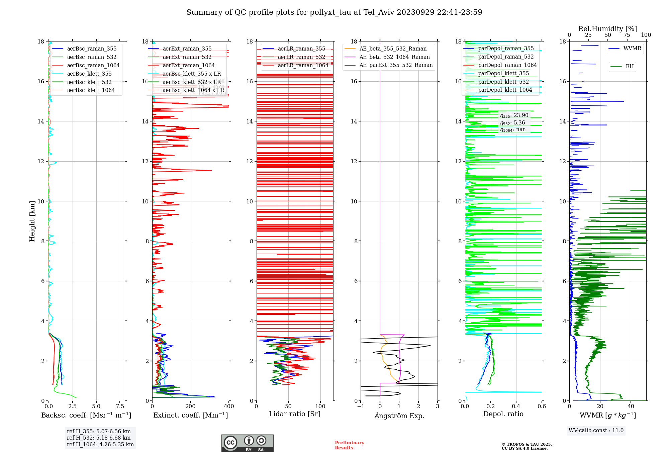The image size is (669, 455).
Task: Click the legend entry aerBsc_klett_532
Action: [x=89, y=82]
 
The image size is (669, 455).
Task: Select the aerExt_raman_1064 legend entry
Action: [x=189, y=65]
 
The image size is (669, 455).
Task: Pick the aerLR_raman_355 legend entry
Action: [x=301, y=49]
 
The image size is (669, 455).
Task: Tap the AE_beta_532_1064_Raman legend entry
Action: [x=394, y=57]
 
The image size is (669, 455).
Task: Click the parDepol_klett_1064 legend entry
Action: [x=505, y=90]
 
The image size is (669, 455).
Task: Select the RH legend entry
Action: [x=630, y=67]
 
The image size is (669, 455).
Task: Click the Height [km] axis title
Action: [x=32, y=221]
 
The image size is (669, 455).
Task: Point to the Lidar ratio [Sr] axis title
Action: [x=295, y=414]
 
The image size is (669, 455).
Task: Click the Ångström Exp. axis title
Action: [x=399, y=416]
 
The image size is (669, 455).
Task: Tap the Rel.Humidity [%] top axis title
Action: [x=607, y=29]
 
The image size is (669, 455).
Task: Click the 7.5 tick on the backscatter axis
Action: [x=120, y=406]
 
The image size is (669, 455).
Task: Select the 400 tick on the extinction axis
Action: [x=229, y=406]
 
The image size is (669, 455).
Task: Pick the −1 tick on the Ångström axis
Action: [x=361, y=406]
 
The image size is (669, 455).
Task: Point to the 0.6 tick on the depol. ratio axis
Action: [x=542, y=406]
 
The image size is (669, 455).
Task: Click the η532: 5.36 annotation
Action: [x=512, y=123]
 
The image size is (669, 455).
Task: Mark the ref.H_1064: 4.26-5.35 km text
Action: [x=100, y=444]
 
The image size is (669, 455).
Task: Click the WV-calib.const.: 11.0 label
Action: [x=596, y=430]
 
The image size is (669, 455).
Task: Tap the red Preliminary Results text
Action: [x=349, y=445]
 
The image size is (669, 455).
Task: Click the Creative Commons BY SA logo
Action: [x=247, y=443]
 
